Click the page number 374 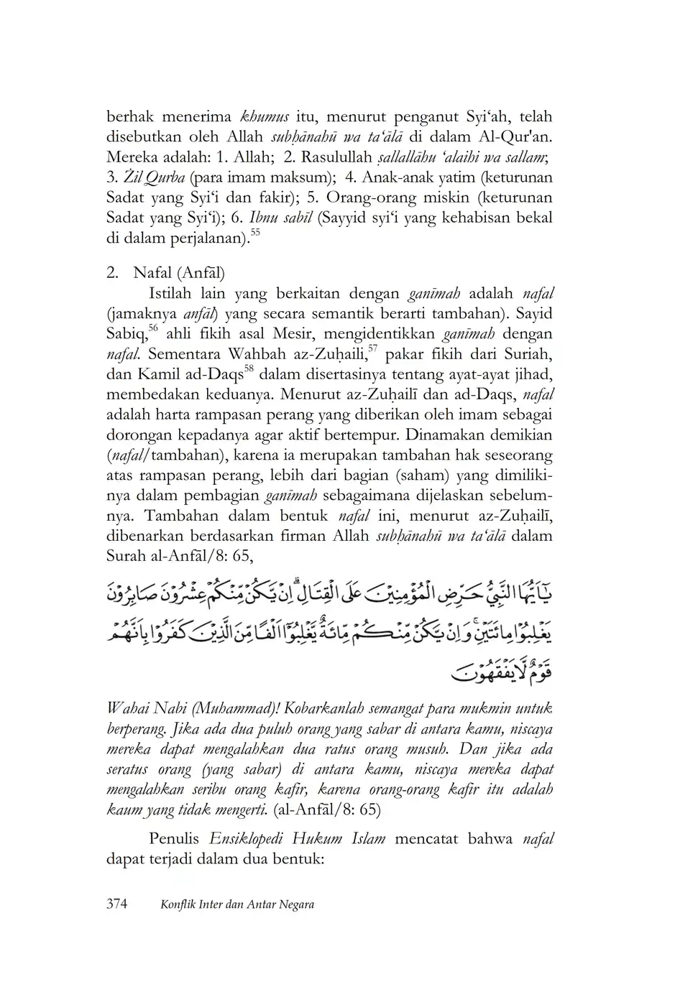pyautogui.click(x=116, y=904)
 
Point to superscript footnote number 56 pyautogui.click(x=152, y=328)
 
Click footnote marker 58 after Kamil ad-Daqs pyautogui.click(x=249, y=368)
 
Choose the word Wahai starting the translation pyautogui.click(x=126, y=709)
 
